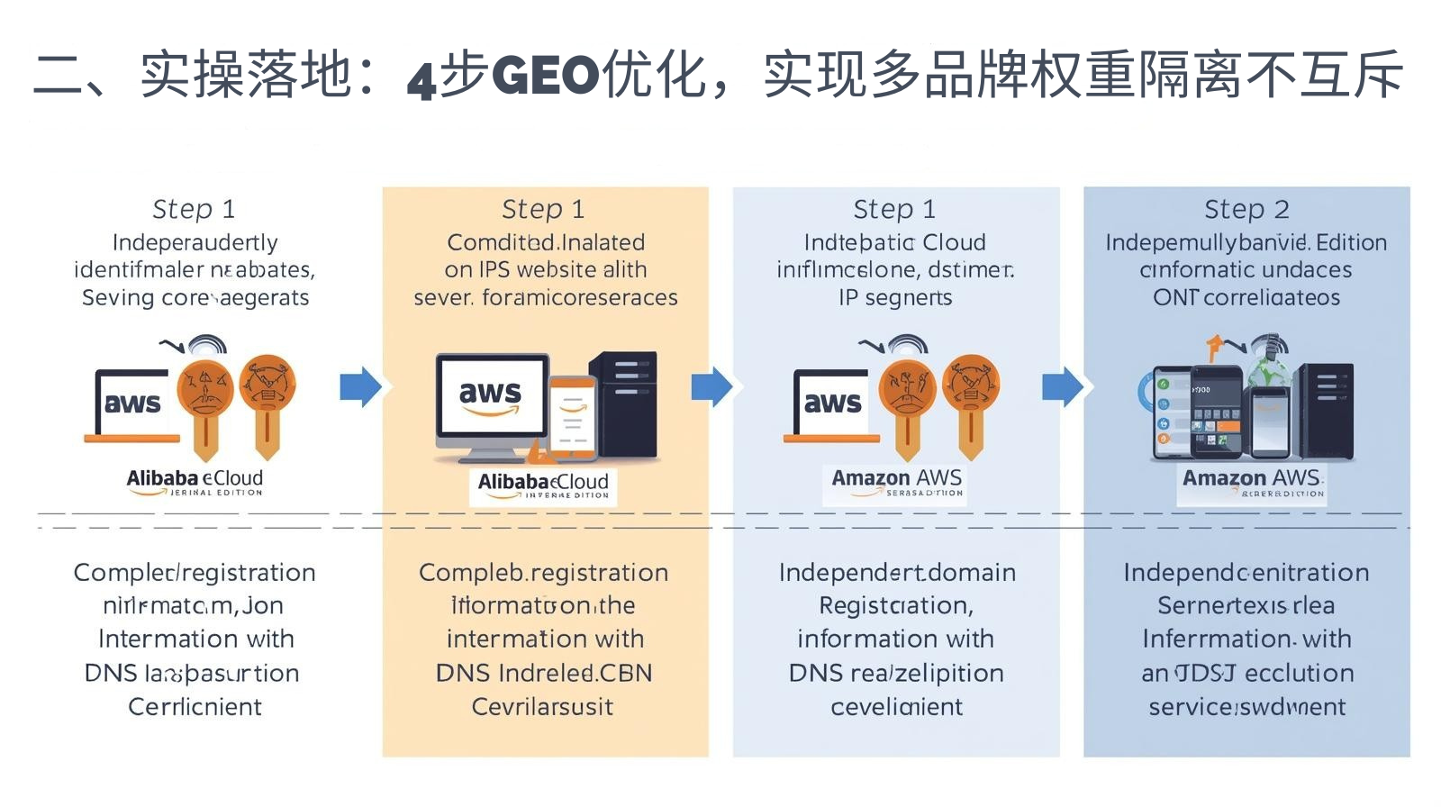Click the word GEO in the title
tap(546, 76)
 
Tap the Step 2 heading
tap(1246, 210)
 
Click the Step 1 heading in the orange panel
tap(543, 210)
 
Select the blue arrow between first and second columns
tap(360, 387)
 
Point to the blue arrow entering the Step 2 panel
tap(1063, 387)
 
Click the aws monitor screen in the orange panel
tap(491, 396)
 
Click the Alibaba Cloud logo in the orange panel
tap(543, 485)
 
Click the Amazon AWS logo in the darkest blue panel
tap(1251, 481)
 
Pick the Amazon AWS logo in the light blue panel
tap(896, 481)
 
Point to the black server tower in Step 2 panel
tap(1328, 410)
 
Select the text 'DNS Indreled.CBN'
tap(543, 673)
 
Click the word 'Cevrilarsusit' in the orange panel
tap(542, 707)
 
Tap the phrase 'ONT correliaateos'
tap(1246, 298)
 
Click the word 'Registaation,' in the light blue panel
tap(895, 605)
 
